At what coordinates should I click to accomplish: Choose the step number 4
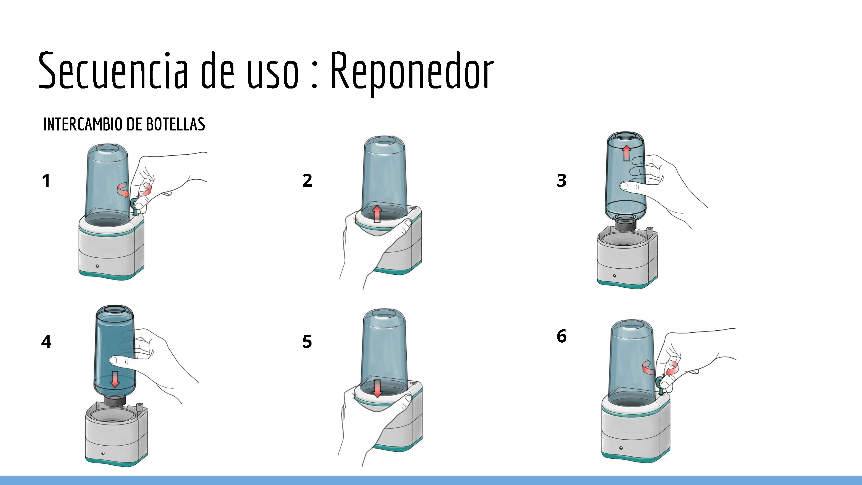click(46, 341)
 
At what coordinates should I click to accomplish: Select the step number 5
click(307, 341)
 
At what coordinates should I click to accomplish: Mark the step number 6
click(561, 336)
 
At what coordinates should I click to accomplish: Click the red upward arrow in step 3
click(627, 153)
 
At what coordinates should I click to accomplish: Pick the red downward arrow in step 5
click(377, 388)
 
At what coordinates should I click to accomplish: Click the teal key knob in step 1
click(135, 205)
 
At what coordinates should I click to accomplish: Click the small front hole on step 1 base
click(97, 266)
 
